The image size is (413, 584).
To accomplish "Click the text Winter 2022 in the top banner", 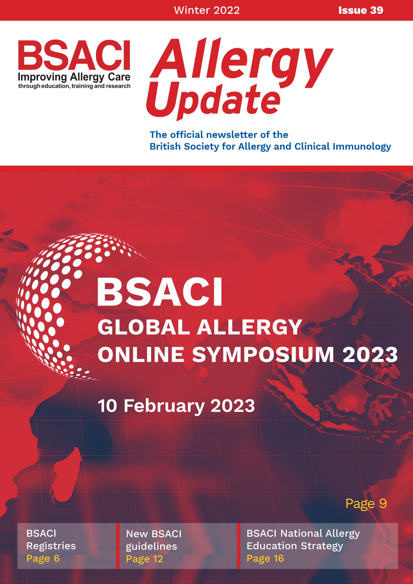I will point(207,10).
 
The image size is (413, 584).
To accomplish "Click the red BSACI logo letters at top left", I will point(74,55).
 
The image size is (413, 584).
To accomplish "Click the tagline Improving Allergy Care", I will point(74,77).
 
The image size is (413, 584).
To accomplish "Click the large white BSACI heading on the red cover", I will point(160,293).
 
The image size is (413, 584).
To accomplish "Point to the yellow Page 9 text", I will point(366,503).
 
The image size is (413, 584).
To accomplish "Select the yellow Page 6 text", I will point(43,558).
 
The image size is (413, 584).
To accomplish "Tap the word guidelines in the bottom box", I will point(151,546).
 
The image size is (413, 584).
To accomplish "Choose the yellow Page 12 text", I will point(145,559).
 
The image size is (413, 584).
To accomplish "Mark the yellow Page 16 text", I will point(265,558).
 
